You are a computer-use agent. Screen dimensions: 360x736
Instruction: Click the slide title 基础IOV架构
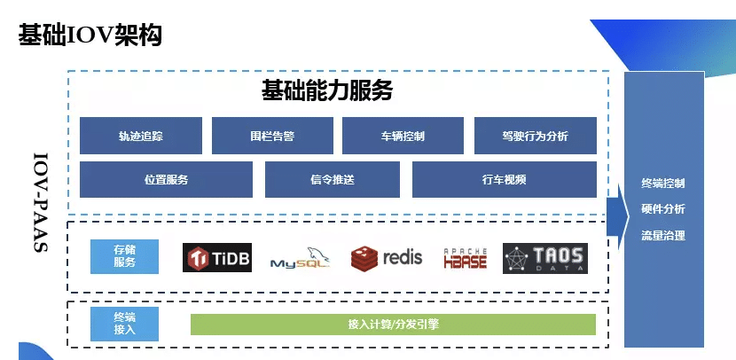pos(89,36)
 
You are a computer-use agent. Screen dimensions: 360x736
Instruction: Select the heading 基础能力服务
pos(326,91)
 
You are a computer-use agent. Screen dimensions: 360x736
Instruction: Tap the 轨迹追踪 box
pos(141,136)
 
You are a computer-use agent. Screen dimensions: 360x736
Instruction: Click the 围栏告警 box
pos(272,136)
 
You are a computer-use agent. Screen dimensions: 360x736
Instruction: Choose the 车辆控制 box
pos(403,136)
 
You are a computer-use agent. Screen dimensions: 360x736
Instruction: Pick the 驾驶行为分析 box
pos(535,136)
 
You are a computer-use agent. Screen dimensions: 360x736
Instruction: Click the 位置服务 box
pos(166,179)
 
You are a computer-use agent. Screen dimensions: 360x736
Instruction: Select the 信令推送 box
pos(333,179)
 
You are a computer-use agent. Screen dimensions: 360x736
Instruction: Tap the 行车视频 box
pos(504,179)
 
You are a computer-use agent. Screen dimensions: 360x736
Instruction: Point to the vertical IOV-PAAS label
pos(40,203)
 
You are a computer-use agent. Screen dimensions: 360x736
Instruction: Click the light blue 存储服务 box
pos(124,256)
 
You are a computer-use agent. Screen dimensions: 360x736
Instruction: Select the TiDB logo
pos(217,258)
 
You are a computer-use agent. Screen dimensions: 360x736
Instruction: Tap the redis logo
pos(388,258)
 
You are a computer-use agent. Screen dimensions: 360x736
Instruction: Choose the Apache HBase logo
pos(465,258)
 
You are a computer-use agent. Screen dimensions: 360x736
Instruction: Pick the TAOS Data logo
pos(544,258)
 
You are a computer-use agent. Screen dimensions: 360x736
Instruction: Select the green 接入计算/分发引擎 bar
pos(393,325)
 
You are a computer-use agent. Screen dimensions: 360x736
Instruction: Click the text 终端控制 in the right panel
pos(662,184)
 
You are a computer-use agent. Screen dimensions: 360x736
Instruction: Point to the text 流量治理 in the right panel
pos(662,236)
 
